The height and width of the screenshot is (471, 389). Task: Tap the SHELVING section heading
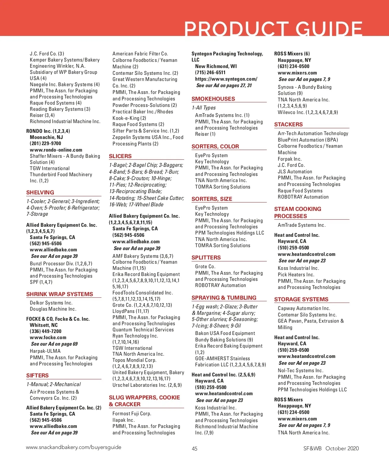40,192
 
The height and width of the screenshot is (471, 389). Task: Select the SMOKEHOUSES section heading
213,99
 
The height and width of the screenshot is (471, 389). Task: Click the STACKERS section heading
288,124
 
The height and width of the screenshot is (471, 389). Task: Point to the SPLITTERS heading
206,258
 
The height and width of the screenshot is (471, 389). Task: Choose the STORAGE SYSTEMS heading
301,299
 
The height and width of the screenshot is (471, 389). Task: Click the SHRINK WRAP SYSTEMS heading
60,294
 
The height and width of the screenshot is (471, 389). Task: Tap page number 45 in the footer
194,449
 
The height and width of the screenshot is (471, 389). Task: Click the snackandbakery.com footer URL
74,447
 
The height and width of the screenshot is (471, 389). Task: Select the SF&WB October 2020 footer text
331,448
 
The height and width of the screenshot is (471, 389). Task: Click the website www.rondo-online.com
56,150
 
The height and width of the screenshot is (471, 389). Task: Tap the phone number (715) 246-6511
210,73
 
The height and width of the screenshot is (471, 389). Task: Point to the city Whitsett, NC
44,325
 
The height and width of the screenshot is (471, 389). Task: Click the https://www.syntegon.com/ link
226,79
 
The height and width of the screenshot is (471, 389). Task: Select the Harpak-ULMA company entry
45,351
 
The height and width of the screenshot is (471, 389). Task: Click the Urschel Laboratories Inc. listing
147,385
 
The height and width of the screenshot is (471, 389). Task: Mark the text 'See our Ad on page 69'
54,344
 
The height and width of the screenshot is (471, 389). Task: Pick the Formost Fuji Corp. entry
132,414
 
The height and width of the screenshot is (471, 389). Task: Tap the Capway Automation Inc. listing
304,308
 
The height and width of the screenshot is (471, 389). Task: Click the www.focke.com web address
48,338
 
